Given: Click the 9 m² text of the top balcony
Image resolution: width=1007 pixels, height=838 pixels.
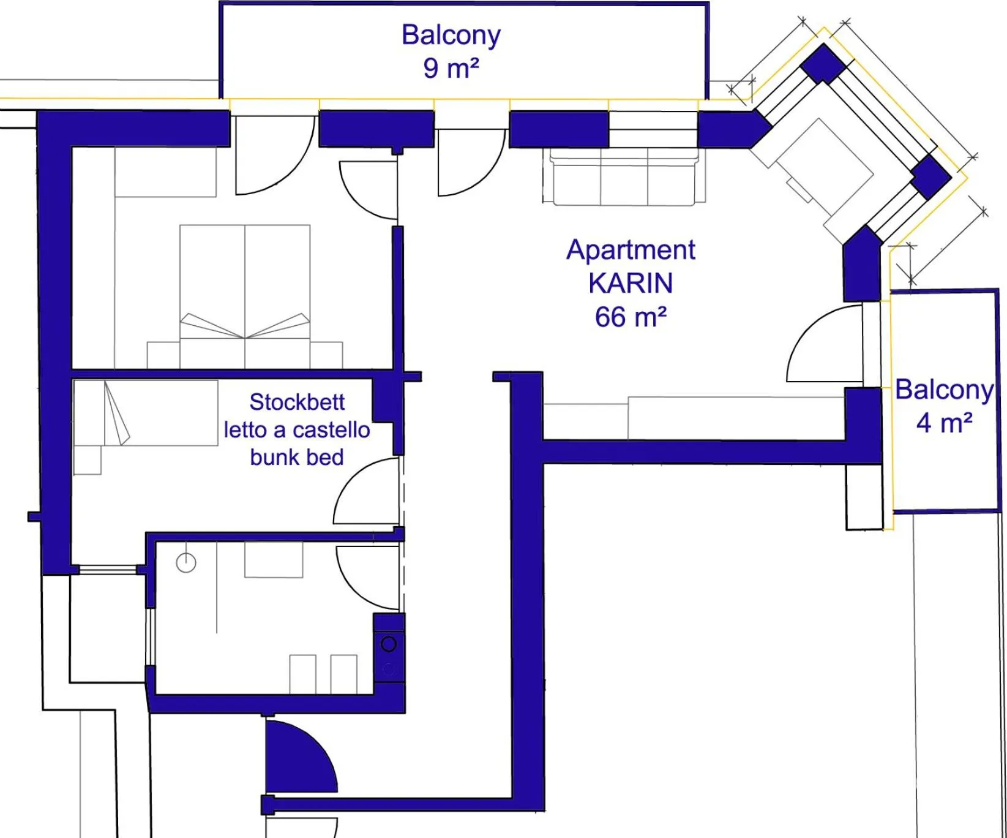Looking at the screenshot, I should click(x=451, y=68).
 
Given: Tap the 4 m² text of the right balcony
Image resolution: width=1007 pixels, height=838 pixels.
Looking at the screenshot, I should click(x=943, y=423).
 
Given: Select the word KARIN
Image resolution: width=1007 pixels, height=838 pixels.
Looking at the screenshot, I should click(x=631, y=284).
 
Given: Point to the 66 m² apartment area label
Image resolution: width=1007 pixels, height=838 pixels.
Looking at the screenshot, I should click(x=631, y=317).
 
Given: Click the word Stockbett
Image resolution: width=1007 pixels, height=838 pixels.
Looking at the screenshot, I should click(x=297, y=402).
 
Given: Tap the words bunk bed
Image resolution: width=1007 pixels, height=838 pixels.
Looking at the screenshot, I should click(x=297, y=457).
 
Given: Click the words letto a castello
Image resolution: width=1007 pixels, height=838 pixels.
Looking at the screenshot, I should click(x=297, y=430).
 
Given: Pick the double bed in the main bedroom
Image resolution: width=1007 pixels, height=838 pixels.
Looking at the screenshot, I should click(x=245, y=294).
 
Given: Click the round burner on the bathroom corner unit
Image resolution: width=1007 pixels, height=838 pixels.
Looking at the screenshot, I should click(x=389, y=644).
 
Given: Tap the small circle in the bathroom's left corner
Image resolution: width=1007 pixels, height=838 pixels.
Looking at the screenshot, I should click(x=186, y=562).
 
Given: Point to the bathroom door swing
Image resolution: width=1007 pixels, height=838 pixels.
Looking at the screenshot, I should click(x=367, y=576).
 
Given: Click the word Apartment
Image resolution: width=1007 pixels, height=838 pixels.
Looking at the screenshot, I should click(x=631, y=250).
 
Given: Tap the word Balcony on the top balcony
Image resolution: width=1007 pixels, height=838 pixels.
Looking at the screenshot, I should click(x=451, y=35).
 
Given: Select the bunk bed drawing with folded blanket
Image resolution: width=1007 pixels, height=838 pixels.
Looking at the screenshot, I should click(x=146, y=412).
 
